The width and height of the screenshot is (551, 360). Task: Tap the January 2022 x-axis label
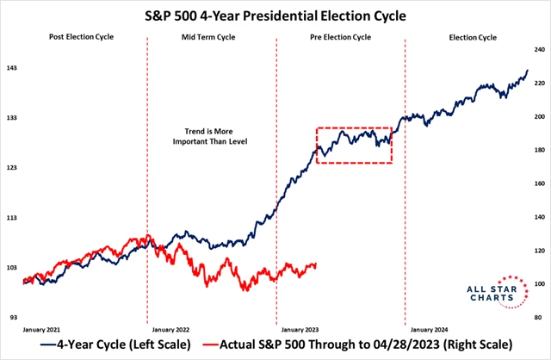pos(171,328)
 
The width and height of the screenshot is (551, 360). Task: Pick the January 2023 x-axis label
pos(300,328)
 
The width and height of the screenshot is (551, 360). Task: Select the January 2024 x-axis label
pos(430,328)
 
